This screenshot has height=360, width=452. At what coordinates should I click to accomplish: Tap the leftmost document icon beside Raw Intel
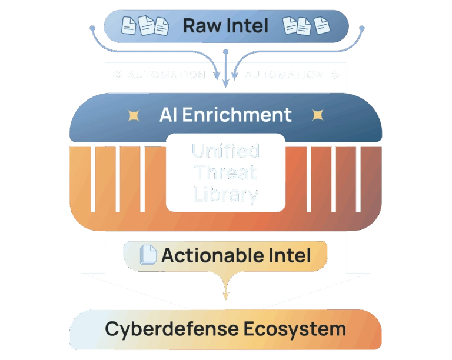click(129, 25)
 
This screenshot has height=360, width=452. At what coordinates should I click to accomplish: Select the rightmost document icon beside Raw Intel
click(321, 25)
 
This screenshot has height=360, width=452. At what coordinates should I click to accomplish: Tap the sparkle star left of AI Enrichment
click(134, 115)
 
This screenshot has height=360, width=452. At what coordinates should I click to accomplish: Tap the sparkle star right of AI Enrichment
click(318, 115)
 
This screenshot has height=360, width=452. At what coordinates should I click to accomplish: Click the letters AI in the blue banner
click(168, 115)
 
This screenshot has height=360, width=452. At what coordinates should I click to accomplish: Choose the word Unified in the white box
click(225, 152)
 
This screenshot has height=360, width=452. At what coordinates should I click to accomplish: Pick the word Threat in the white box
click(225, 173)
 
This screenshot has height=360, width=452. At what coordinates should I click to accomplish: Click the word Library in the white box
click(225, 194)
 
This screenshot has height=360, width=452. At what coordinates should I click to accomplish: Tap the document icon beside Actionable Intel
click(149, 255)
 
